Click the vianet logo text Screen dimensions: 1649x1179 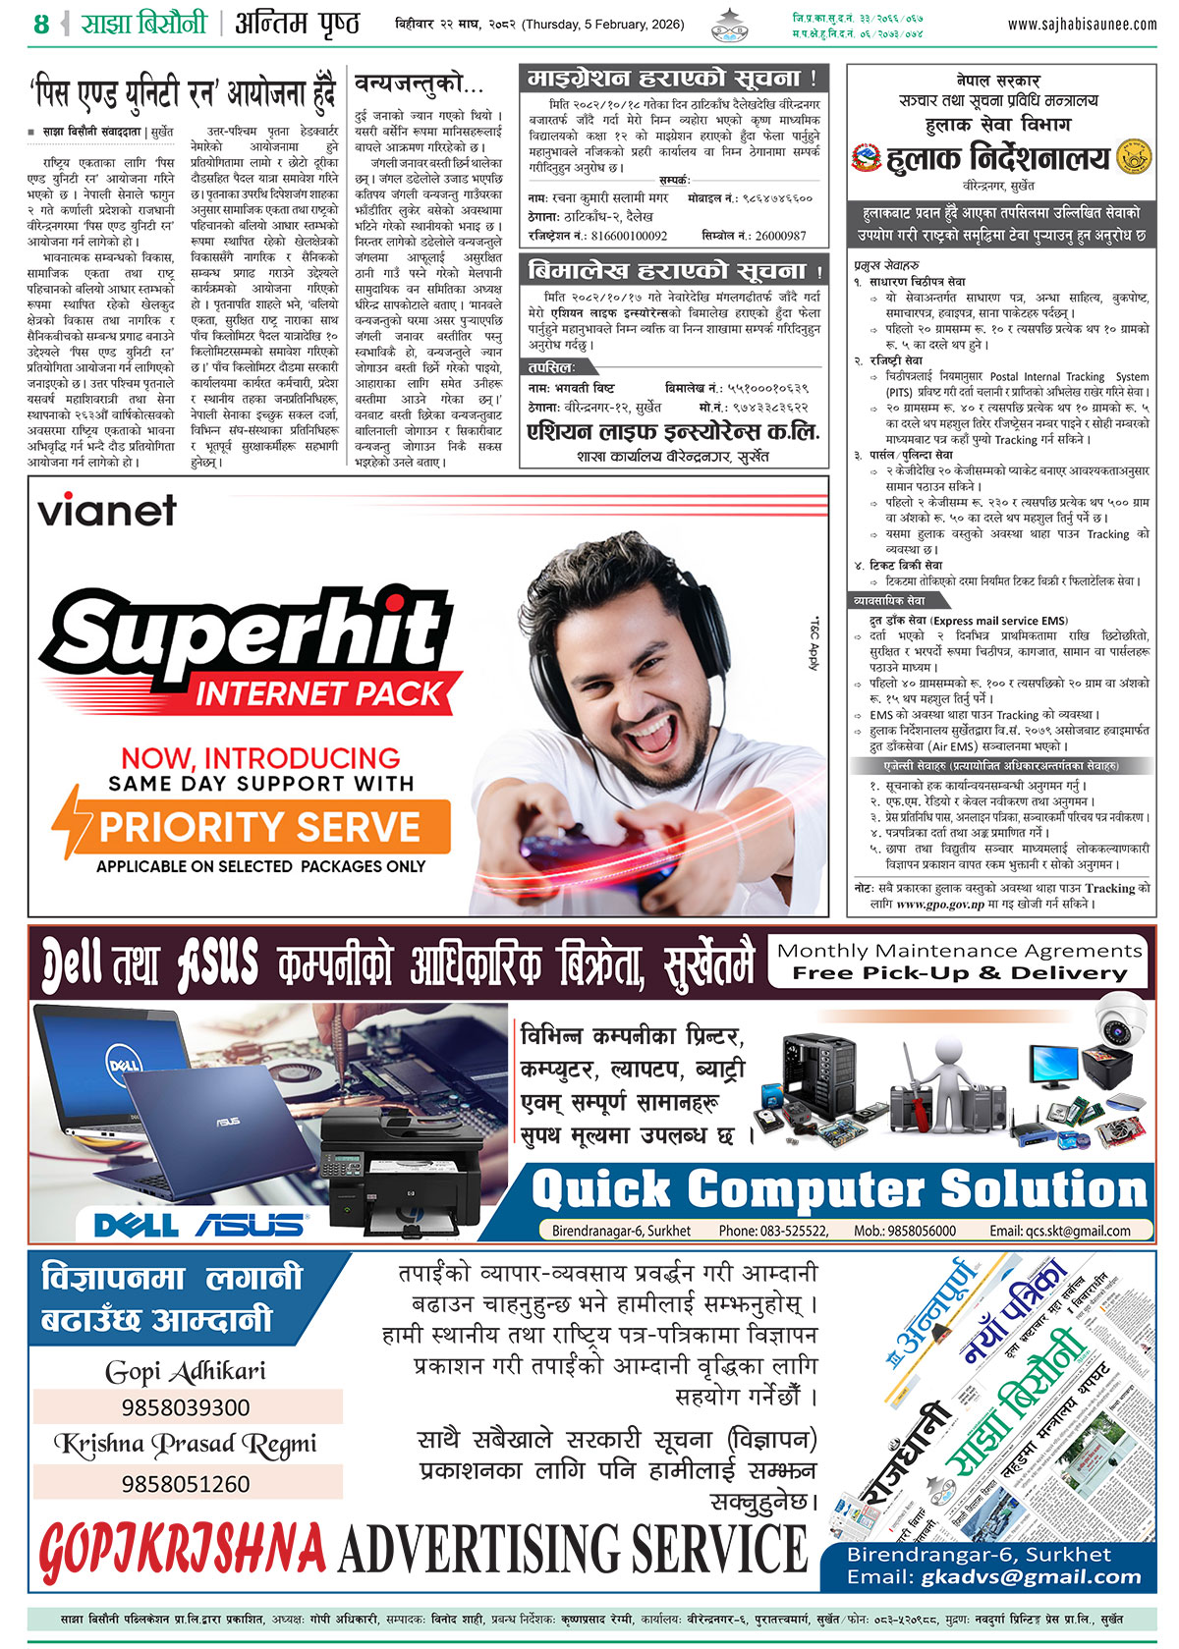pos(107,511)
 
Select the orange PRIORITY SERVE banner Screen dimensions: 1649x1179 pos(260,827)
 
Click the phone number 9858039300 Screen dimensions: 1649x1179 pos(187,1407)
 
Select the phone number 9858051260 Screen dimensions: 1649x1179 pos(187,1483)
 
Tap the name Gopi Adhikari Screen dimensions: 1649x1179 pos(186,1371)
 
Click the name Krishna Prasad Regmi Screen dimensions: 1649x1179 pos(186,1444)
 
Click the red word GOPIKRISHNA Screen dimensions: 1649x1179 pos(183,1549)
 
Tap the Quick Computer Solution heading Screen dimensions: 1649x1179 pos(839,1189)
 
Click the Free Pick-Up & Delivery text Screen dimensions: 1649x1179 pos(960,973)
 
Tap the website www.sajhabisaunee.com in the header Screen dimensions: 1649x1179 pos(1082,25)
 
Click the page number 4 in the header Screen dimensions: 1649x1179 pos(40,25)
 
